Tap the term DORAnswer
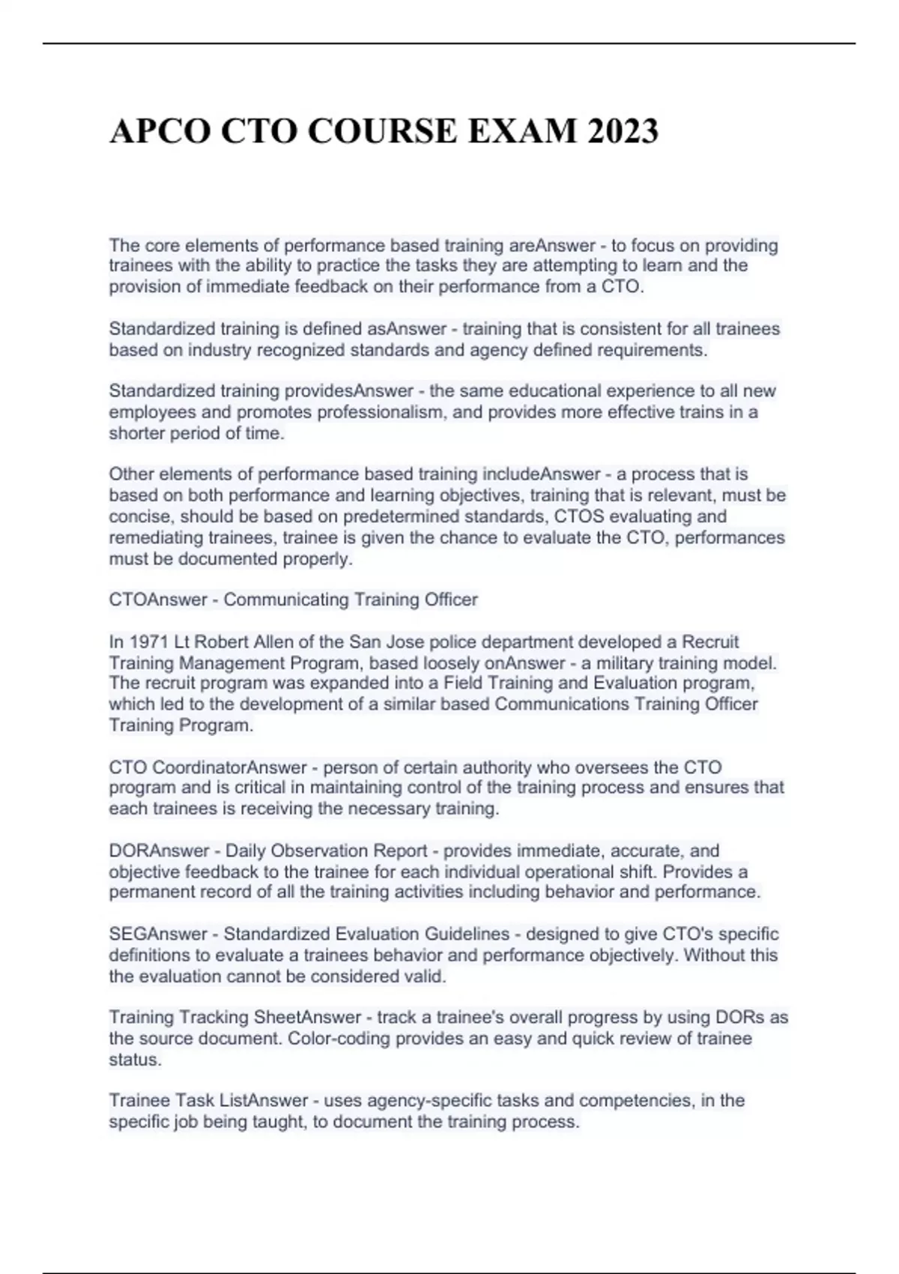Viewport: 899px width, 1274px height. click(157, 851)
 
